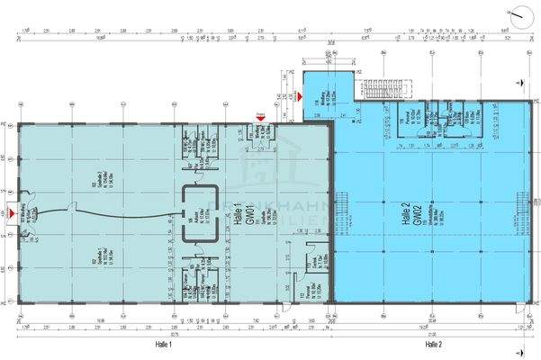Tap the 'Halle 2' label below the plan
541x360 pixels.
432,345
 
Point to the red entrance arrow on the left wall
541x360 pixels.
9,215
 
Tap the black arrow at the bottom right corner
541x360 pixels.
519,305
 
